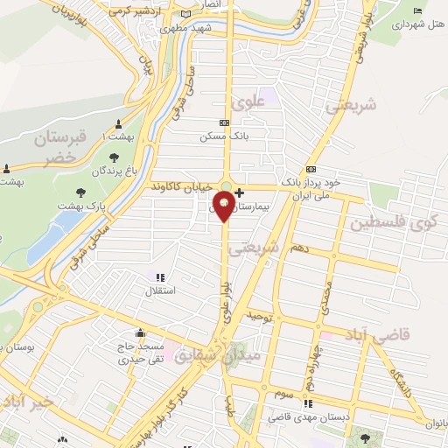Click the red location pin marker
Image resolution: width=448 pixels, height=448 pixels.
pos(225,206)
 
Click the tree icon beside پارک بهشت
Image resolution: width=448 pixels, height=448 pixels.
pos(81,192)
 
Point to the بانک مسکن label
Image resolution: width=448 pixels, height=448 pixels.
pos(219,137)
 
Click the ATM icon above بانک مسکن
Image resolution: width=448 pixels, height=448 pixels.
pos(225,123)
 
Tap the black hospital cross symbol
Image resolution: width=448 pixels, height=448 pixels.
pos(240,192)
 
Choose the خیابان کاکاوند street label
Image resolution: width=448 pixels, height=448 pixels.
pos(182,187)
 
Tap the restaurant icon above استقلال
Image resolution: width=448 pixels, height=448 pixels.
pos(158,278)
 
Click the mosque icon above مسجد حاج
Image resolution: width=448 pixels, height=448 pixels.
pos(140,333)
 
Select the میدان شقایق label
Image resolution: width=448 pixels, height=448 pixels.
pos(206,356)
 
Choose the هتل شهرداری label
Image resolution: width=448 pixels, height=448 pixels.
pos(417,25)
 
